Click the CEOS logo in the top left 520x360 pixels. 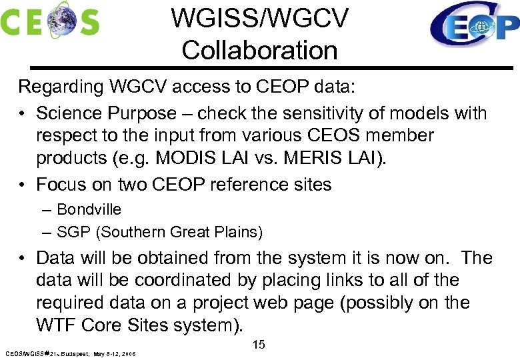click(x=50, y=20)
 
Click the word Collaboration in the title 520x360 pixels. click(x=259, y=50)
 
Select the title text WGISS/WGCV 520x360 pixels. click(x=259, y=19)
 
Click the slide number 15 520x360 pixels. click(x=259, y=345)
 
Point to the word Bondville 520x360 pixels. click(x=89, y=209)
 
